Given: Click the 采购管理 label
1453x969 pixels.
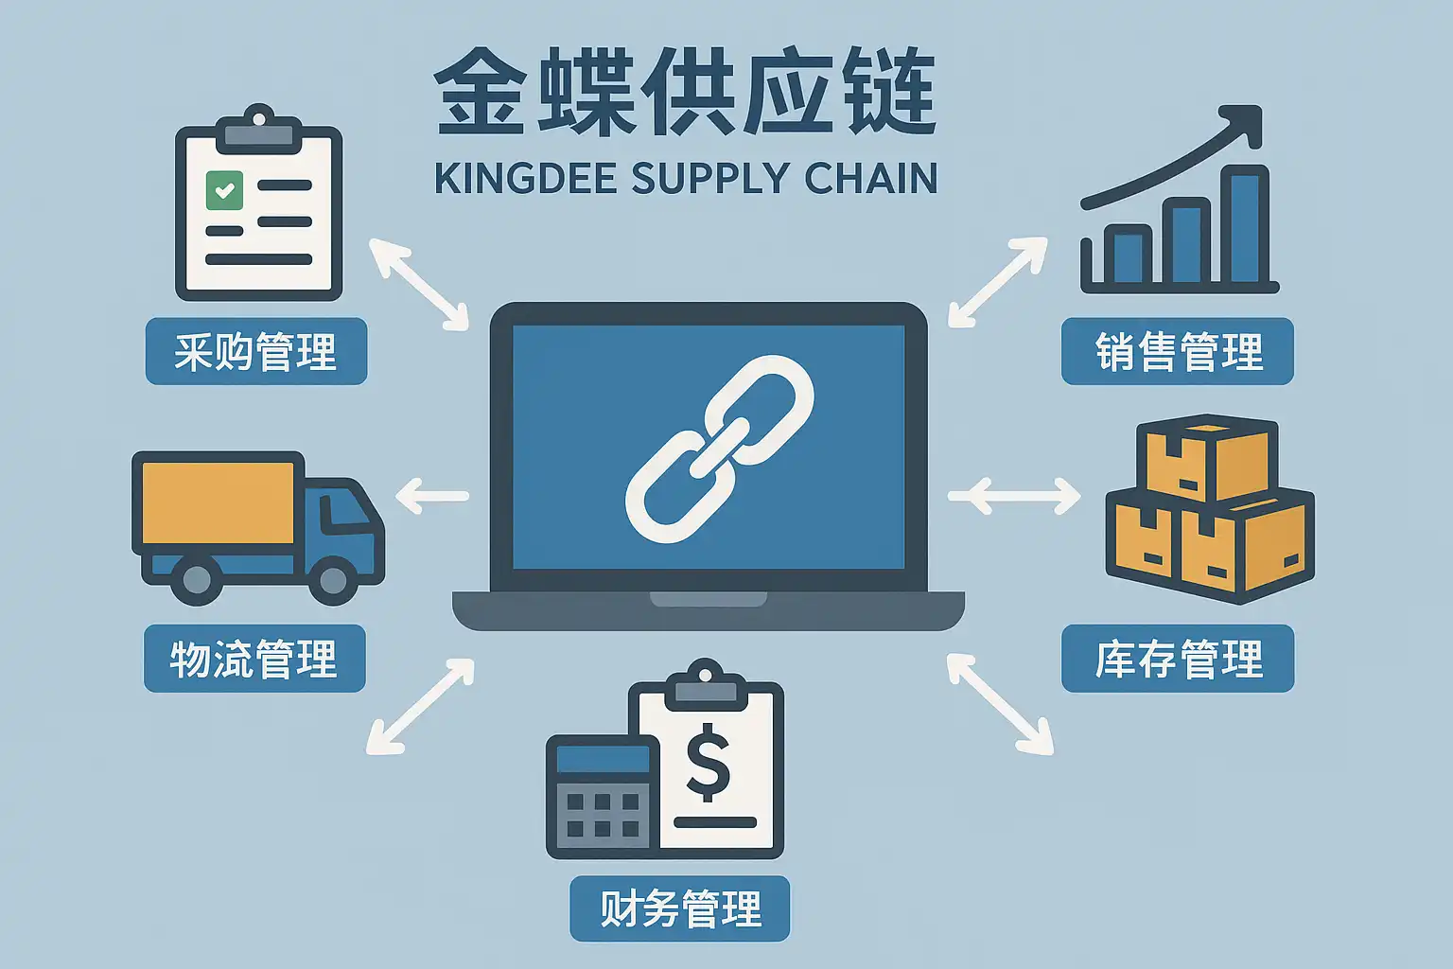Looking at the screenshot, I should point(255,351).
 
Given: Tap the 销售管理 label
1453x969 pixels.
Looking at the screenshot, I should point(1177,351).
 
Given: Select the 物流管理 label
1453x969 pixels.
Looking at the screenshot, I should point(254,659).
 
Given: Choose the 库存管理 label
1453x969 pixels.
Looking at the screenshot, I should point(1177,659).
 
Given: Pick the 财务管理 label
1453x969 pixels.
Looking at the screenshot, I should point(679,908).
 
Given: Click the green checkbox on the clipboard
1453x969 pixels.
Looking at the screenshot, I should point(224,190).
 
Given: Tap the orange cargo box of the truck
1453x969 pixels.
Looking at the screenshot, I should point(218,502).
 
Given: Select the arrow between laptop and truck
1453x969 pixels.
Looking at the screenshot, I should point(432,496).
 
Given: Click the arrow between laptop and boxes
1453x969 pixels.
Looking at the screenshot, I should point(1013,495).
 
